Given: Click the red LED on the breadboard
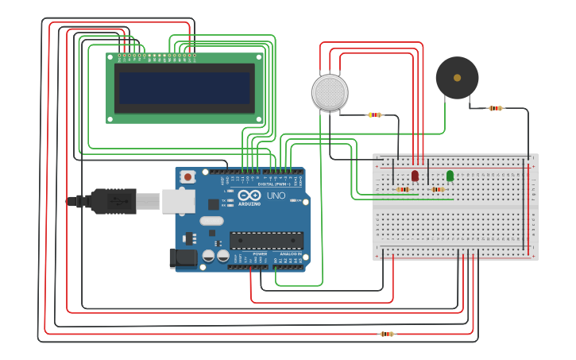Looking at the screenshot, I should [415, 175].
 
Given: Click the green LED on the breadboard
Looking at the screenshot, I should [450, 175].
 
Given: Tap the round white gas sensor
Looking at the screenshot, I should [330, 92].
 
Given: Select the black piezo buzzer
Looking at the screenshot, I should [457, 78].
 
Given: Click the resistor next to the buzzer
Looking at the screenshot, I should [496, 108].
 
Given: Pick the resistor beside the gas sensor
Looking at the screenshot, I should [374, 114].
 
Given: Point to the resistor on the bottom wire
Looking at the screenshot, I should [387, 334].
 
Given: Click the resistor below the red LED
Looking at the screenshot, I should [404, 189].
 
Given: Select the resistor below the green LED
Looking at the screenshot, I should [438, 189].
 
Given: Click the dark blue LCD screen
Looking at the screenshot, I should [184, 88].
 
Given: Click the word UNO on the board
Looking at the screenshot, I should [276, 195].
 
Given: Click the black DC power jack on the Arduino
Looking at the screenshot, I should [183, 258].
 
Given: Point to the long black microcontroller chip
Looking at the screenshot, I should [266, 240].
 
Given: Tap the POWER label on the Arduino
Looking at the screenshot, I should [260, 254].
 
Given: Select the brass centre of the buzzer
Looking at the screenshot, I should [457, 78].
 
